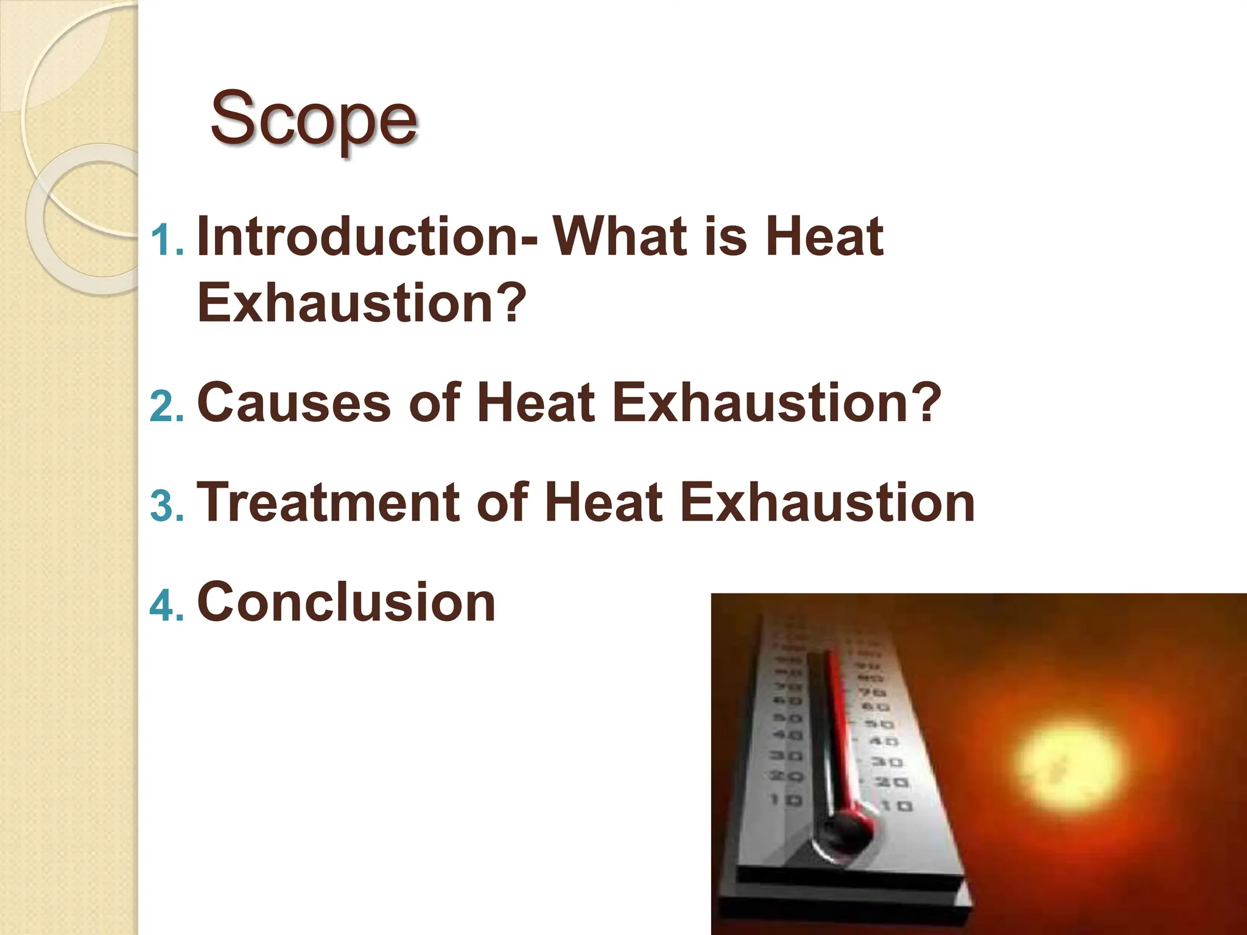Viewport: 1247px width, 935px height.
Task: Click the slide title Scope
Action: coord(314,119)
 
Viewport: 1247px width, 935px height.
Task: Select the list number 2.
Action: coord(166,405)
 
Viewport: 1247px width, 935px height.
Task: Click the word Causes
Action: coord(293,402)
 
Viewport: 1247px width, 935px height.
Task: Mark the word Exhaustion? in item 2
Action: coord(776,402)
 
